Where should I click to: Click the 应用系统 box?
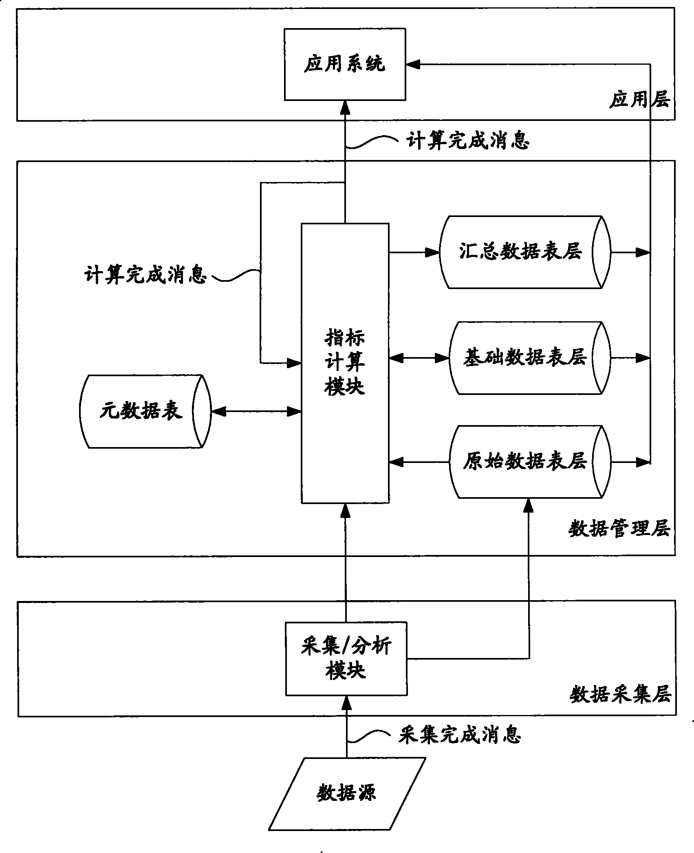345,64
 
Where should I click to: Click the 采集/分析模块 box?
346,658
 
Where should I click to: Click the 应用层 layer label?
639,99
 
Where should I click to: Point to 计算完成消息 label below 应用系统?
468,141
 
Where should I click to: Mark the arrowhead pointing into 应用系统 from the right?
412,64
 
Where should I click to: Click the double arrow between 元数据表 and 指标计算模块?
256,411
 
